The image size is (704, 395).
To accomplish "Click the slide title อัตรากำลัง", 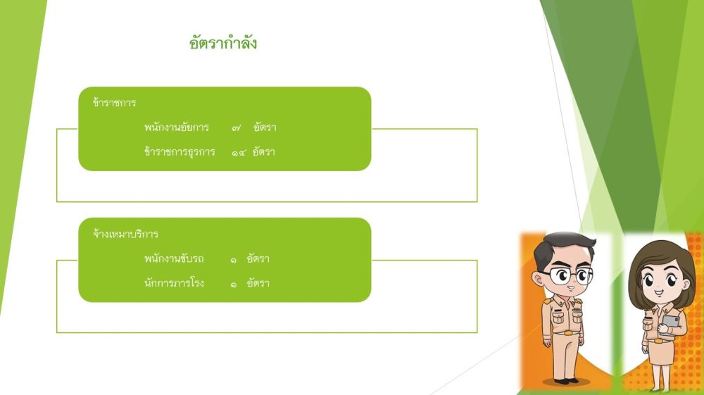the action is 222,43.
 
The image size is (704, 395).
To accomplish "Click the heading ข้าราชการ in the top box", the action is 115,102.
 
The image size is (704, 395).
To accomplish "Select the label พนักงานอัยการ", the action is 177,127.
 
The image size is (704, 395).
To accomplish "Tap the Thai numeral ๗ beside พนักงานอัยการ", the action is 236,128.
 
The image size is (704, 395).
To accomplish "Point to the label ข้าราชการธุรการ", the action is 180,151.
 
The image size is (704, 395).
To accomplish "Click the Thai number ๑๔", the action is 239,153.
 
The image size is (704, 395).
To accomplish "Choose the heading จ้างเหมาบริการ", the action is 126,234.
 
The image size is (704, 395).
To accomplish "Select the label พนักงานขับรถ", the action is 174,258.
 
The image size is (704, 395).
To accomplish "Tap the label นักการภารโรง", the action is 174,283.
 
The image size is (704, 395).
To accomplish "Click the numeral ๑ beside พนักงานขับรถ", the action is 234,259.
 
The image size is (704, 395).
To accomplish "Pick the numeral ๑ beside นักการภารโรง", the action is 234,284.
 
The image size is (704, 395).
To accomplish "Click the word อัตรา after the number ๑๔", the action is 263,151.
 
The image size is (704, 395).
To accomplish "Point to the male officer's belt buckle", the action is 568,333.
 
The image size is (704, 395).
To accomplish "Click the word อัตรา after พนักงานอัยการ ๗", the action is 265,127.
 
